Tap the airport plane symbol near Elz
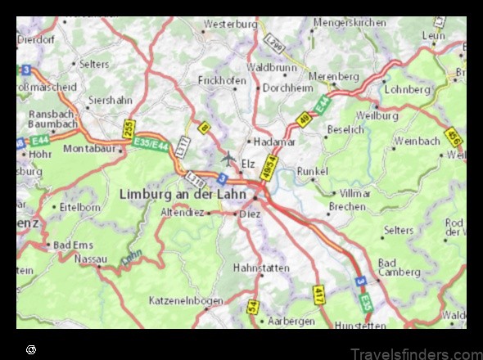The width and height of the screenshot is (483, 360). [x=228, y=156]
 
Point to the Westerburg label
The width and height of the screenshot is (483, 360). [x=230, y=25]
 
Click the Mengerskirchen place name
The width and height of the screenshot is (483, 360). [x=350, y=23]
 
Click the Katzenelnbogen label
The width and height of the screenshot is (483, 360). [x=186, y=301]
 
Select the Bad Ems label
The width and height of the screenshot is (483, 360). [x=72, y=245]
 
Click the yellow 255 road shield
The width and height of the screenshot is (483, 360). [x=129, y=129]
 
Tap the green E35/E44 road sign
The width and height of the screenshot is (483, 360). [x=153, y=146]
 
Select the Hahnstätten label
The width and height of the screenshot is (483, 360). [x=261, y=268]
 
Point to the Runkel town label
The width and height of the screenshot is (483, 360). [x=313, y=171]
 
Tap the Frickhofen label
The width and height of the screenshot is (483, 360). [x=223, y=80]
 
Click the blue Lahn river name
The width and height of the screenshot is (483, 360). [x=131, y=260]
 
